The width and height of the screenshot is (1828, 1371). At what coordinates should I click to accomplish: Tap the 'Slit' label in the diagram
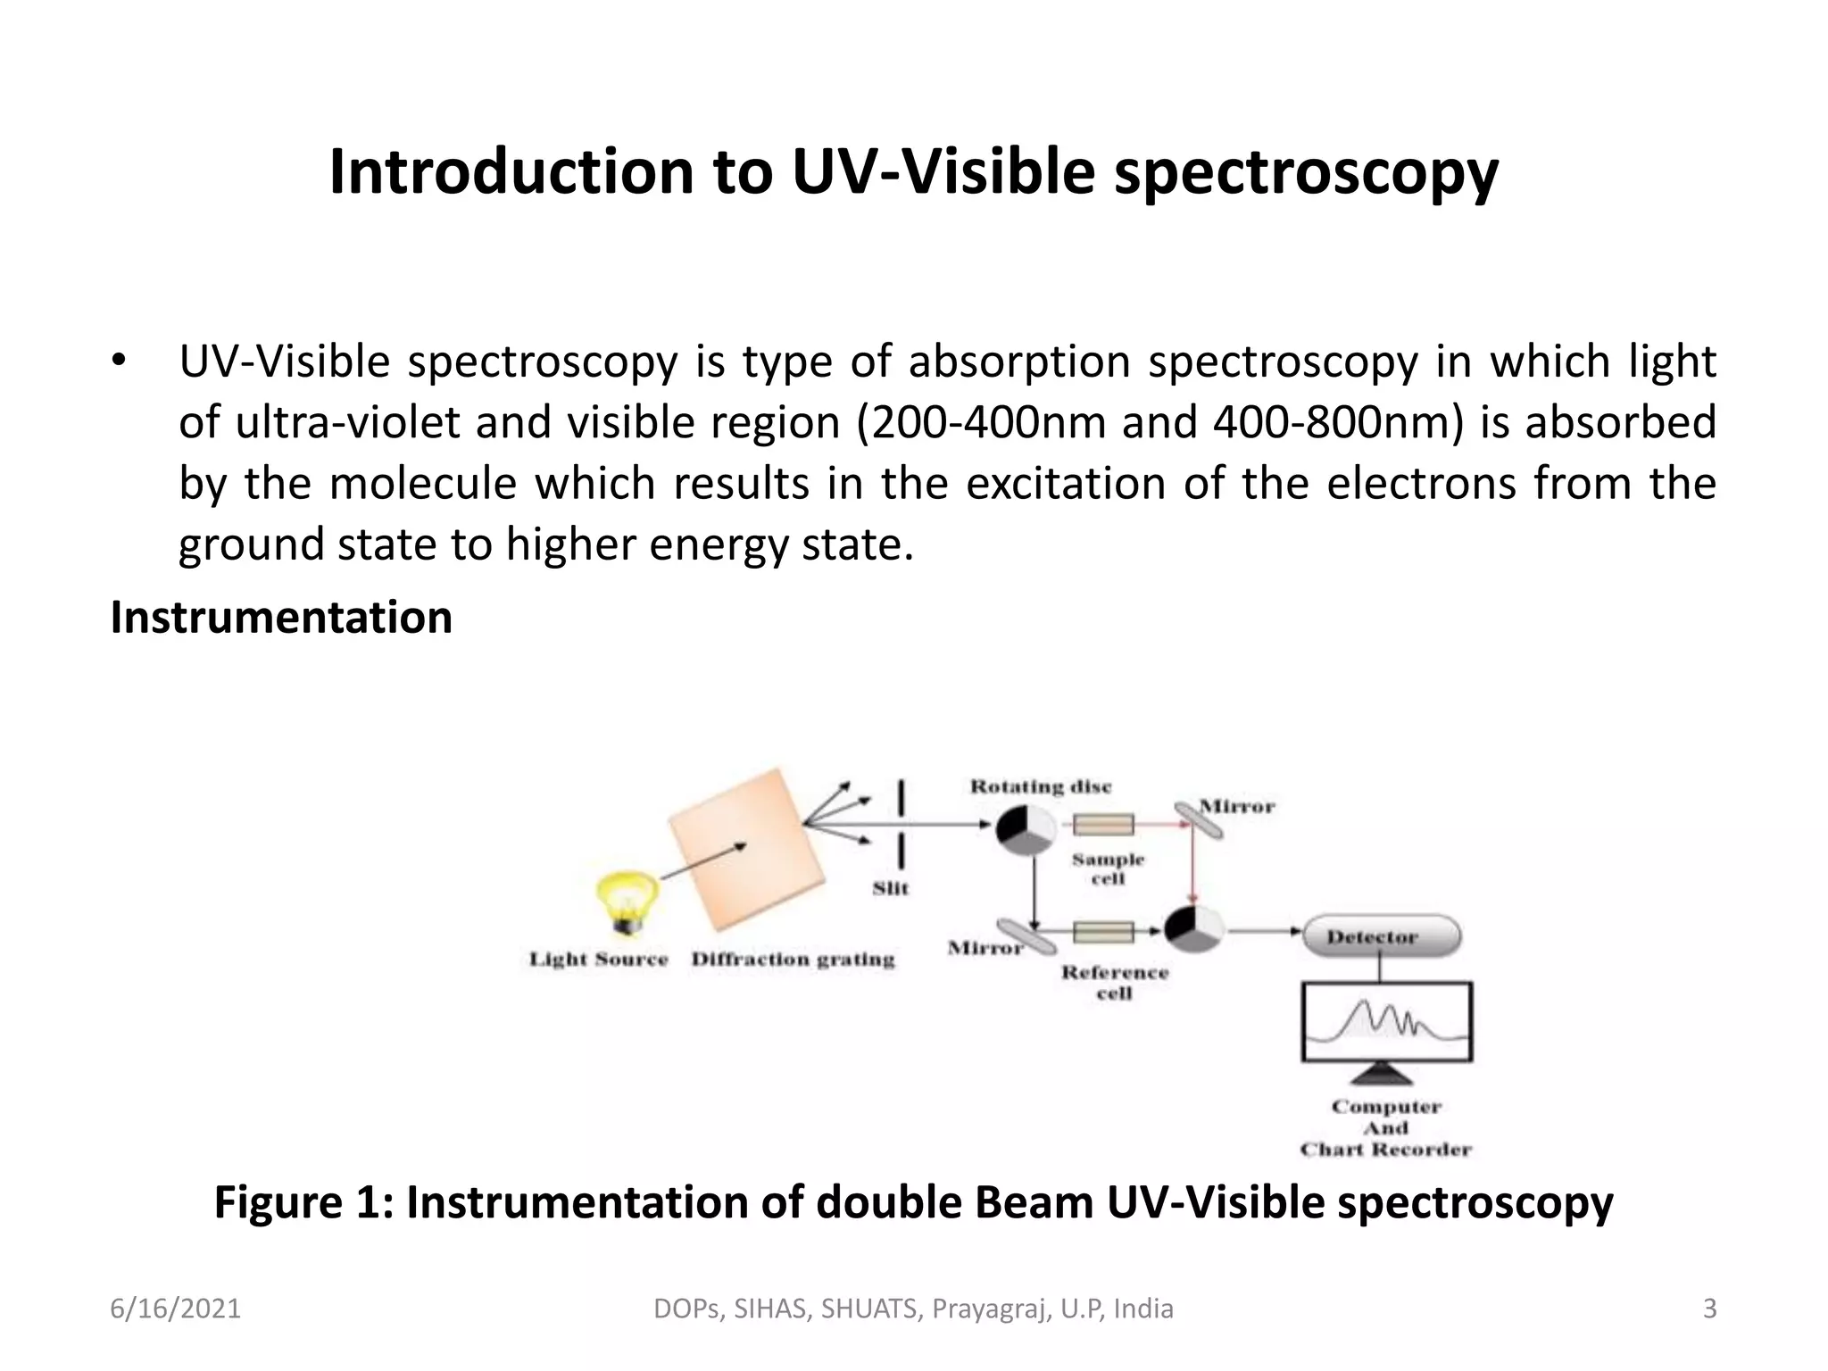[890, 888]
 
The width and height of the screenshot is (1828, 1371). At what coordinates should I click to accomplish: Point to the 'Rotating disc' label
[1041, 786]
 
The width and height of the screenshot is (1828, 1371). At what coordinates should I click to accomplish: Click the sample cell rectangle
[1103, 824]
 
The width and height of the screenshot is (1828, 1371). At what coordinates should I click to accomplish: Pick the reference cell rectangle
[1103, 933]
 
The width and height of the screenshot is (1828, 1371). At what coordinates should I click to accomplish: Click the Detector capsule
[1381, 936]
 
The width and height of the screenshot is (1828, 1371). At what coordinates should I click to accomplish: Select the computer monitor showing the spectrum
[1386, 1024]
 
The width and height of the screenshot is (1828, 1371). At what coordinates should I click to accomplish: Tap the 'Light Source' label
[598, 960]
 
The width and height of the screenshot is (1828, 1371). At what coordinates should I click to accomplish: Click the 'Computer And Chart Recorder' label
[1386, 1128]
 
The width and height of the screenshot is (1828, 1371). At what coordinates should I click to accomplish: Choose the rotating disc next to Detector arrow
[1193, 931]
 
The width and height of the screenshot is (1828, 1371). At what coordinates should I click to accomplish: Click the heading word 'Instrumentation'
[281, 618]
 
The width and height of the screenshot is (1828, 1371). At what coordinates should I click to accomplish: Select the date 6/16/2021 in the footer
[175, 1309]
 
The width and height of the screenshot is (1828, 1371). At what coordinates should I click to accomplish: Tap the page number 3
[1709, 1309]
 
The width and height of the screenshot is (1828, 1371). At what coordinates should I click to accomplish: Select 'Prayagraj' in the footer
[987, 1309]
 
